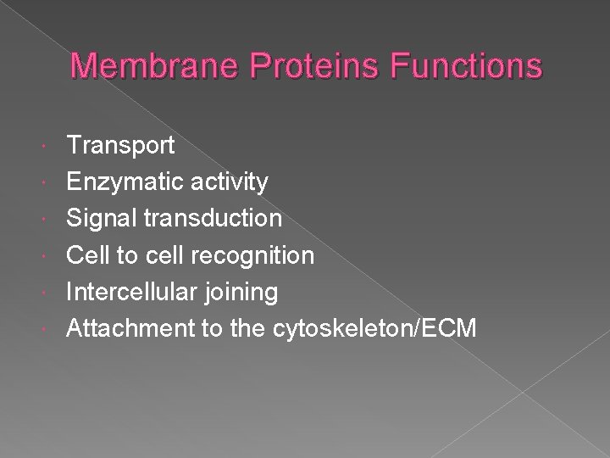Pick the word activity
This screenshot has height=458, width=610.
coord(230,182)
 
